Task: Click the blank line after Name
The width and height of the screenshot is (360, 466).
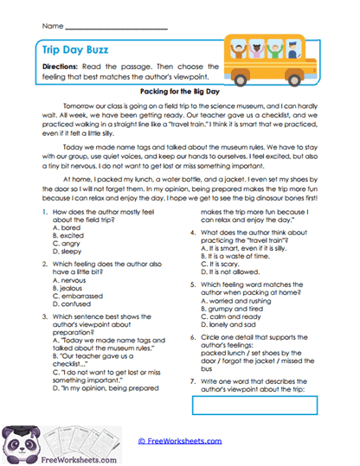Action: pyautogui.click(x=116, y=27)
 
